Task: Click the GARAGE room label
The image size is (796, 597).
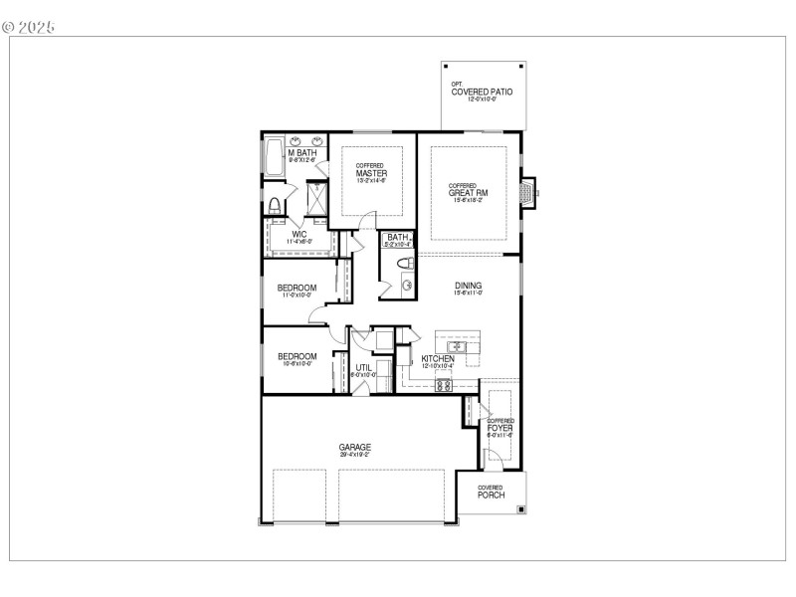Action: [354, 448]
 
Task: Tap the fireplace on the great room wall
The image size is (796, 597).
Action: [528, 193]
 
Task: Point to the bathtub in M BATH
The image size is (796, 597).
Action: [272, 157]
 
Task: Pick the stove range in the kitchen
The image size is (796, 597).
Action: [444, 385]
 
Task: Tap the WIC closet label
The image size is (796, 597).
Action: [298, 235]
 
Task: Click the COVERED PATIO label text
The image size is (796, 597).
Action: [483, 93]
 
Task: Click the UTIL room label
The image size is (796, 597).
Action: [364, 367]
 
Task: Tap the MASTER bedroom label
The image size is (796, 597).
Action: [371, 174]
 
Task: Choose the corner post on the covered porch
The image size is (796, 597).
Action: [520, 509]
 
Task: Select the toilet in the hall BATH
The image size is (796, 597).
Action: [404, 263]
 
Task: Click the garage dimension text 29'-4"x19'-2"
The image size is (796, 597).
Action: [354, 455]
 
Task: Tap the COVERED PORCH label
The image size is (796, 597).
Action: [490, 492]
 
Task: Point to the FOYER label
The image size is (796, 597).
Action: [500, 428]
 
